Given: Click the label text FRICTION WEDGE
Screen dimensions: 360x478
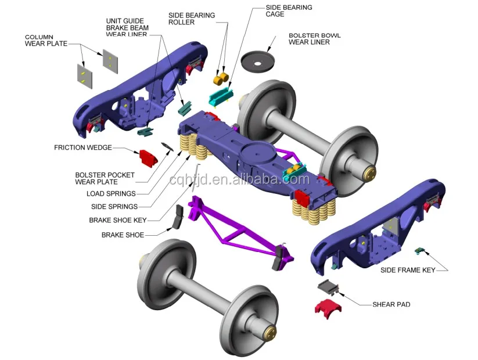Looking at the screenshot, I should pos(82,147).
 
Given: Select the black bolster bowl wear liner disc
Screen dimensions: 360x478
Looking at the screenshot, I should pos(259,59).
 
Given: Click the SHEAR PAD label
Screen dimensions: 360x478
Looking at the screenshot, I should pos(391,304).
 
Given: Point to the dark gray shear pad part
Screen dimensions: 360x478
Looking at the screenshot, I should pos(328,287).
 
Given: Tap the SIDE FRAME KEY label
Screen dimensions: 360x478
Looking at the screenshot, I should pos(407,270).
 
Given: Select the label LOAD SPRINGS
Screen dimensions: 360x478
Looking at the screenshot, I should pos(111,194).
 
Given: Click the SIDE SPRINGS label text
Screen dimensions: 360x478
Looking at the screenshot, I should pos(114,207).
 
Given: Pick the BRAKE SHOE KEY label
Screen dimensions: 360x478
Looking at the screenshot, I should pos(117,221).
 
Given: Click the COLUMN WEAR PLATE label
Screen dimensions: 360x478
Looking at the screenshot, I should pos(46,40).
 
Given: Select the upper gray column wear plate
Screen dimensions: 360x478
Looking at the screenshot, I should pos(110,60).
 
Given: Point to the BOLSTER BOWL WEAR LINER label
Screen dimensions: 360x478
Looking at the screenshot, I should pos(314,39).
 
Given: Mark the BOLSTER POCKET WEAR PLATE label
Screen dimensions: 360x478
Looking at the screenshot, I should pos(105,178).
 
